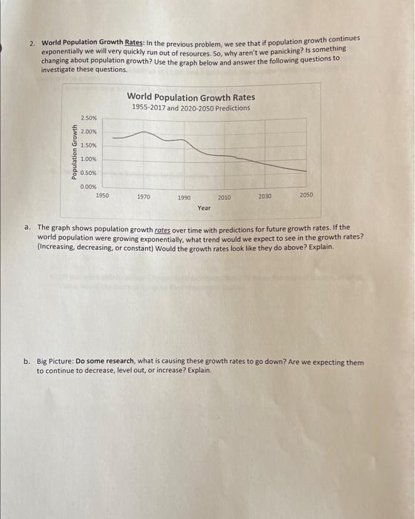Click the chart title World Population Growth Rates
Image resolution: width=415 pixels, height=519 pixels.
click(190, 97)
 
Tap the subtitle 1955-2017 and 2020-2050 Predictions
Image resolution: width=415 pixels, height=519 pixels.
click(190, 108)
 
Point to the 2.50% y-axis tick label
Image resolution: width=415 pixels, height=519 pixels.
click(88, 118)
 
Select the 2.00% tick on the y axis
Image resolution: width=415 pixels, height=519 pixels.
click(88, 131)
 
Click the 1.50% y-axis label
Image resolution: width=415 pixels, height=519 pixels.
click(88, 145)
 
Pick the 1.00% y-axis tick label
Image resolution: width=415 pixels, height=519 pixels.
click(88, 159)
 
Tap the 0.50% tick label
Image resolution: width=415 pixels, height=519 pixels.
click(88, 173)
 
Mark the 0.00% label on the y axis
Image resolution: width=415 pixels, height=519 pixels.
click(88, 187)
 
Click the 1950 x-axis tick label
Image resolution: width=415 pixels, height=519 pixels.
click(103, 194)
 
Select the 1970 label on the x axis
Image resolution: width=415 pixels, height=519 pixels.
click(144, 197)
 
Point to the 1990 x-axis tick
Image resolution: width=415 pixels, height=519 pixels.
click(185, 198)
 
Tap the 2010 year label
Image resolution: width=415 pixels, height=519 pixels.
click(224, 197)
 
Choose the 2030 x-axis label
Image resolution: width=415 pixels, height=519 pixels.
click(265, 196)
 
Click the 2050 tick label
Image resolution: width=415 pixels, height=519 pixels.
click(306, 194)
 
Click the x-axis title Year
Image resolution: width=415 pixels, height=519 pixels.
click(204, 208)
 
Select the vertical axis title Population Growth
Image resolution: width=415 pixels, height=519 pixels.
click(74, 152)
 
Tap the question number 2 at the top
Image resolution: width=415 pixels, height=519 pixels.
click(32, 44)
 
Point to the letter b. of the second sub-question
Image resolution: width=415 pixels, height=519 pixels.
click(27, 363)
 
